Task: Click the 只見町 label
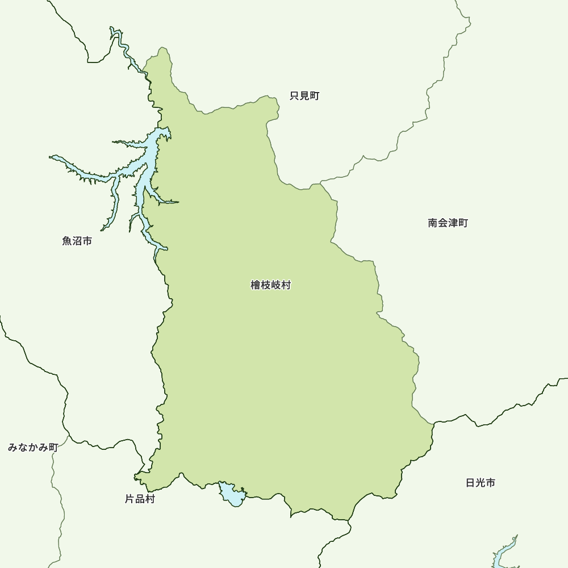click(304, 96)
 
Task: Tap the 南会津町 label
click(448, 223)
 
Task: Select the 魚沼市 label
click(77, 241)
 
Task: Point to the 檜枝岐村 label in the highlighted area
click(270, 285)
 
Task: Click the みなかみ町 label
click(33, 448)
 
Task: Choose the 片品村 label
click(139, 499)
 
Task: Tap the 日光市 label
click(480, 483)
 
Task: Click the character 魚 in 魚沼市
click(67, 241)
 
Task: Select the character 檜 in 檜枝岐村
click(256, 285)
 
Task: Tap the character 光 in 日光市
click(480, 483)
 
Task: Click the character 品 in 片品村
click(139, 499)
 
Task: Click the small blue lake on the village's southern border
click(232, 495)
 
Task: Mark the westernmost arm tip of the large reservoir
click(51, 157)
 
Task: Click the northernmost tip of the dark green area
click(164, 48)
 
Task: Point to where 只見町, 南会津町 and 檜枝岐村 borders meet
click(321, 183)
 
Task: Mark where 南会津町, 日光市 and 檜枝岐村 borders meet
click(433, 423)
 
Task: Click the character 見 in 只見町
click(304, 96)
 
